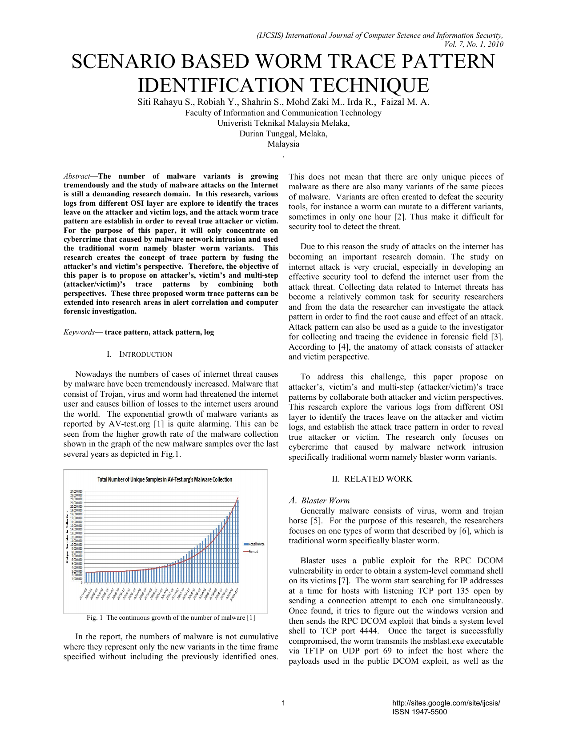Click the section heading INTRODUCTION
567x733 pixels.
pos(145,354)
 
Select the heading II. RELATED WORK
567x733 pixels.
pos(372,479)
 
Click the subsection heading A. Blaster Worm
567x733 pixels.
pos(319,501)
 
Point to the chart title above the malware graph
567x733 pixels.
pos(165,479)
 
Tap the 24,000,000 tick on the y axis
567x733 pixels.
pos(76,491)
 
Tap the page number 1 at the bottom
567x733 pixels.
pos(283,703)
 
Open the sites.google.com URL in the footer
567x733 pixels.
pos(446,703)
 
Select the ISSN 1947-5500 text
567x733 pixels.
pos(420,712)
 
